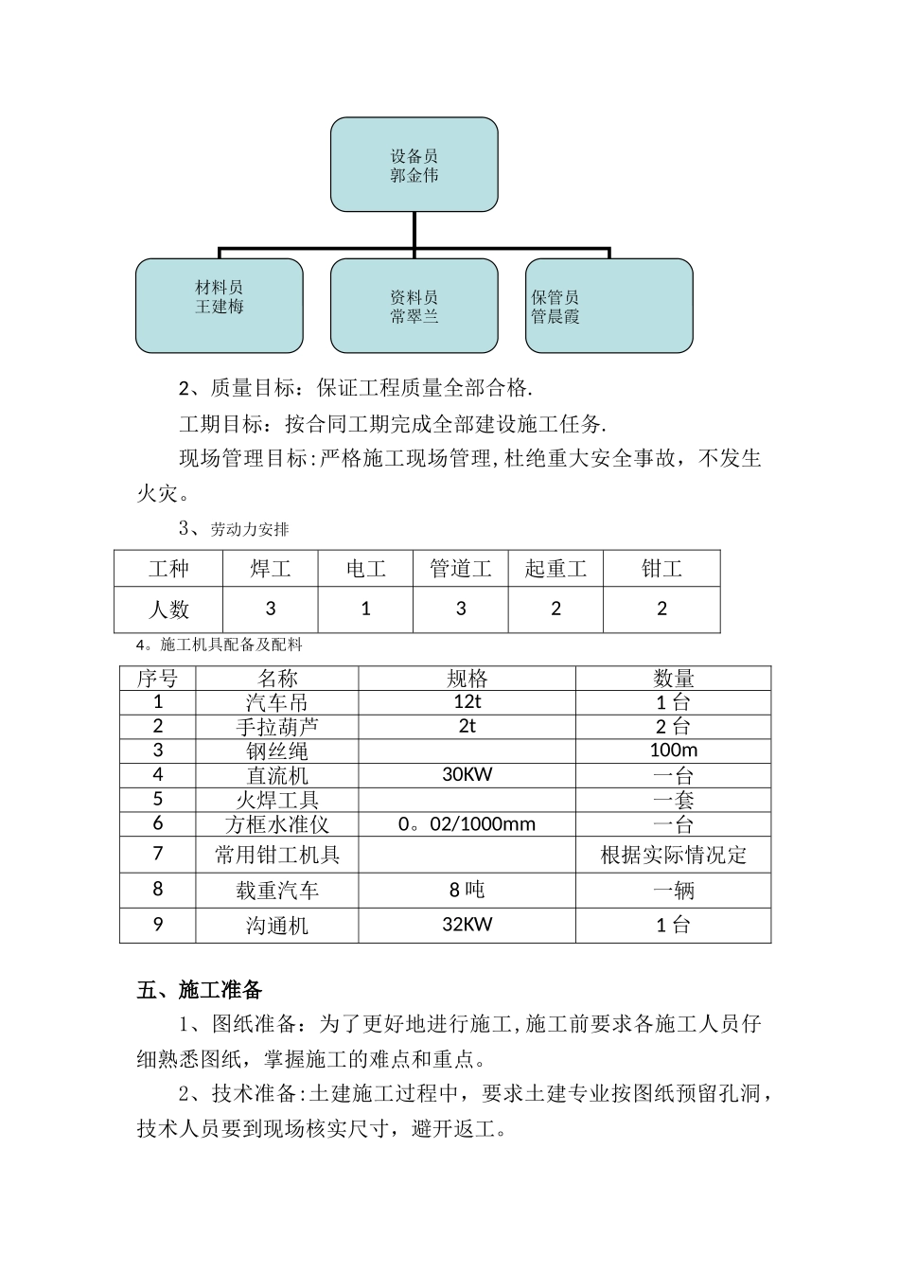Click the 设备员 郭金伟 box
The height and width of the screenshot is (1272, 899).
tap(414, 165)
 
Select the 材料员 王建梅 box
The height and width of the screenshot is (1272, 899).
tap(220, 306)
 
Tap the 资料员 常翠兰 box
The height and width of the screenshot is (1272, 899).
tap(414, 306)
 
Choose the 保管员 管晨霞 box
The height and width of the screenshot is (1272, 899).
tap(608, 306)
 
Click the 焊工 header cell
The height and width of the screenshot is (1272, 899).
tap(271, 569)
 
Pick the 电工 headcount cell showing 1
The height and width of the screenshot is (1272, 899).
tap(366, 609)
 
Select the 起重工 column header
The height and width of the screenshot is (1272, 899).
tap(555, 569)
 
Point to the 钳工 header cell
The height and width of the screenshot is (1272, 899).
tap(661, 569)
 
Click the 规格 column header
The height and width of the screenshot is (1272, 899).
tap(467, 679)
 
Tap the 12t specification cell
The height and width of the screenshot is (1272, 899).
tap(467, 702)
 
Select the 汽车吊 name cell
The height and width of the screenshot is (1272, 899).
tap(276, 702)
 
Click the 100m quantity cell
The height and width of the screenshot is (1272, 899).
tap(673, 751)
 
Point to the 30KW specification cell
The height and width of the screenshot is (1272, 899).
tap(467, 774)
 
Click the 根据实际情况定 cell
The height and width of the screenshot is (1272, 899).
tap(673, 856)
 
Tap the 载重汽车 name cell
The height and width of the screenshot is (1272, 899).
tap(276, 891)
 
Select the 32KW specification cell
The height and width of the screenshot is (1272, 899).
tap(467, 925)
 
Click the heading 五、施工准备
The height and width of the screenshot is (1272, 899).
tap(199, 990)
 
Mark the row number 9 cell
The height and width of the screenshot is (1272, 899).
tap(158, 925)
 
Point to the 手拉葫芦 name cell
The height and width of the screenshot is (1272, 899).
tap(276, 727)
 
